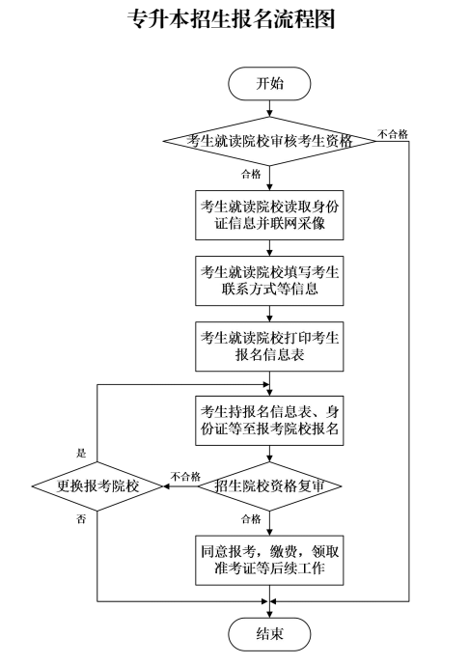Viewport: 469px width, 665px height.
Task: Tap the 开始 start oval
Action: (x=269, y=83)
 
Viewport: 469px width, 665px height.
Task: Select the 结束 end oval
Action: (x=269, y=634)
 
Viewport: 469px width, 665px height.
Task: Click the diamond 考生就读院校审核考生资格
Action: (x=269, y=140)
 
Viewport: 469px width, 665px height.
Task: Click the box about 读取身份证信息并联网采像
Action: (x=269, y=214)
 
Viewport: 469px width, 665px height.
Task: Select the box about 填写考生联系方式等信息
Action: (x=269, y=279)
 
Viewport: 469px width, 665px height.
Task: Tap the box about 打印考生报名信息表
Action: (x=269, y=345)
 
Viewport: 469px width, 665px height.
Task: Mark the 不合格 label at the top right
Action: (x=392, y=133)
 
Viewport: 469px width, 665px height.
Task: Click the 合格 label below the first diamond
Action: (x=251, y=174)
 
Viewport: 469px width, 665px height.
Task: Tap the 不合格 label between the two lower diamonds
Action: (x=184, y=476)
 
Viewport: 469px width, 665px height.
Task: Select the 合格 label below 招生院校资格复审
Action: (x=251, y=519)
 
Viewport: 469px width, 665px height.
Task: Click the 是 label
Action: (x=82, y=452)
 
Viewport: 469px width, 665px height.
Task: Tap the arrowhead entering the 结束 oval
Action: (x=269, y=612)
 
